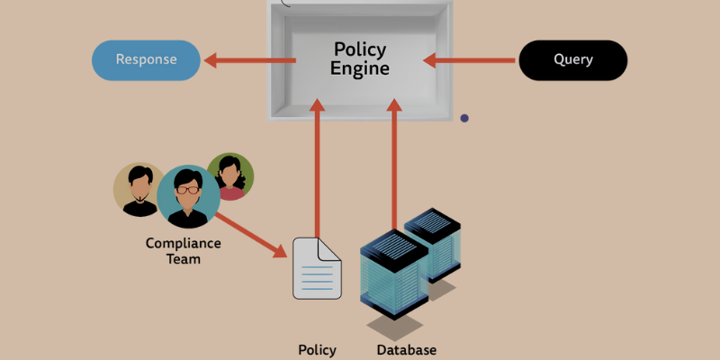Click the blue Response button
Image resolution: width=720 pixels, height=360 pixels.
146,60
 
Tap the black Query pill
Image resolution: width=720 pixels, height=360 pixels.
572,60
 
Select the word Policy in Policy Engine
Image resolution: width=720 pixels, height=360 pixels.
360,49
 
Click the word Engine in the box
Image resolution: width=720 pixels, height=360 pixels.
360,68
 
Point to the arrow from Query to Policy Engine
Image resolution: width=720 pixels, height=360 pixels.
470,60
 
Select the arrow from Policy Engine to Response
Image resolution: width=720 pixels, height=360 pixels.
250,60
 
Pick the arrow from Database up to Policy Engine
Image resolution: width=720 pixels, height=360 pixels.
394,162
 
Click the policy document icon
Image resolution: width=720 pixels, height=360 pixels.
317,267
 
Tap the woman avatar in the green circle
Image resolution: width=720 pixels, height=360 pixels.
230,176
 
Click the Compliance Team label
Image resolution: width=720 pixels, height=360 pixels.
183,251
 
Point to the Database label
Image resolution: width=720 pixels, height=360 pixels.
406,350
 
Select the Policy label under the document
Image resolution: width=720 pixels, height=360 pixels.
317,350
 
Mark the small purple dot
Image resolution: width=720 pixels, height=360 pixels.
464,118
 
